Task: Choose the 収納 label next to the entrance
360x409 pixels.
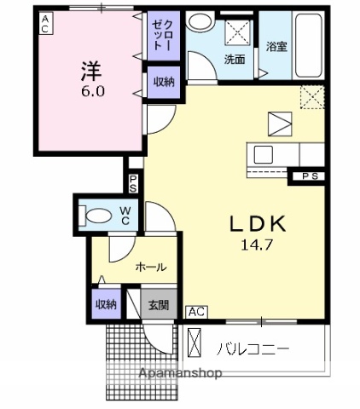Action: tap(107, 304)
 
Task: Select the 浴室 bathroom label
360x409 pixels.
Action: tap(276, 48)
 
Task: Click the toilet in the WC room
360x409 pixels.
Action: tap(90, 216)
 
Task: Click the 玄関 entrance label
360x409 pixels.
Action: tap(159, 304)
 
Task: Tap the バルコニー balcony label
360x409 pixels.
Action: tap(253, 349)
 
